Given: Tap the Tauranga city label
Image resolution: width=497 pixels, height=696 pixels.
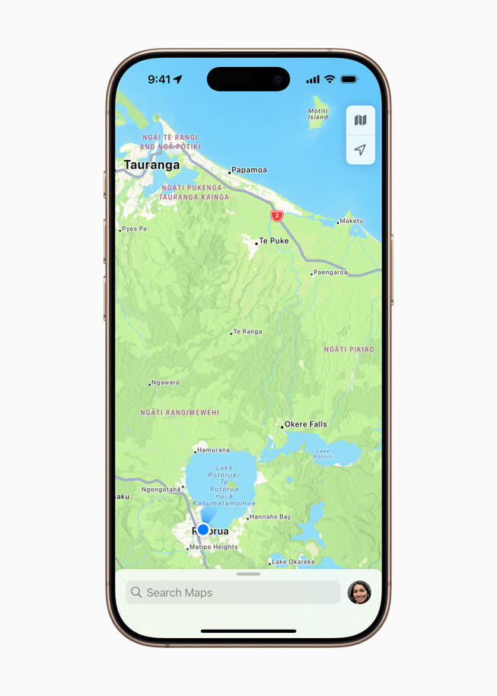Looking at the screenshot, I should [x=151, y=164].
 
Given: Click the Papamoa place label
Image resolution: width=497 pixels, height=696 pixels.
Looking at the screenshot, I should [x=249, y=170].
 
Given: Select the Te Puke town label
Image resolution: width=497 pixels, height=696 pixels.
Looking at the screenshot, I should [x=273, y=241].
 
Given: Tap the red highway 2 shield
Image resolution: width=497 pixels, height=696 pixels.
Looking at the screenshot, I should [x=277, y=216].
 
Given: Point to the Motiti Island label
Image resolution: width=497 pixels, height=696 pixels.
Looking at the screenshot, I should [x=318, y=114].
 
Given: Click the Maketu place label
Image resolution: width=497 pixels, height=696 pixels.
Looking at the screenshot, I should [x=351, y=221].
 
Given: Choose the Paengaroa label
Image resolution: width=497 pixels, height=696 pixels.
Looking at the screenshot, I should [x=330, y=272].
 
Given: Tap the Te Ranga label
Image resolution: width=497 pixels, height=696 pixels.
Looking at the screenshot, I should [x=247, y=332].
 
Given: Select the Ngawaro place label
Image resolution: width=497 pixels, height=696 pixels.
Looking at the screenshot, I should [x=165, y=382].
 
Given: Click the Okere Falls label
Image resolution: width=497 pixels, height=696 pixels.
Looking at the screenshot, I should [x=305, y=424].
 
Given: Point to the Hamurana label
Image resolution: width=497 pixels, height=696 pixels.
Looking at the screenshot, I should [x=213, y=450].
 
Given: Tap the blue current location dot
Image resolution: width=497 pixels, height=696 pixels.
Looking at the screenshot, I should [x=203, y=530].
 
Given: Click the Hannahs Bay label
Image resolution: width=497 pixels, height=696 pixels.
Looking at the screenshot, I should [x=270, y=517].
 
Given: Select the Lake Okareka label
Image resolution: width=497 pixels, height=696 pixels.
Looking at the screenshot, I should [x=293, y=562].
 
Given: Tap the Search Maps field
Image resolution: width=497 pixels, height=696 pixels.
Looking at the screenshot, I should [x=233, y=592].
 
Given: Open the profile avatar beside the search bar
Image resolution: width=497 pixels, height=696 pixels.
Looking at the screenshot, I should [x=359, y=592].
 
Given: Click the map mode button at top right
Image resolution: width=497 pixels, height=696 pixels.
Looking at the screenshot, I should [x=361, y=120].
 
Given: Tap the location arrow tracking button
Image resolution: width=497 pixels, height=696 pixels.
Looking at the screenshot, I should [x=361, y=150].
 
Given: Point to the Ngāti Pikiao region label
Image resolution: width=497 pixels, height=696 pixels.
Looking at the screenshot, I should [x=349, y=350].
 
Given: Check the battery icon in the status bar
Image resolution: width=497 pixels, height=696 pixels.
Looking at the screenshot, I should [x=349, y=79].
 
